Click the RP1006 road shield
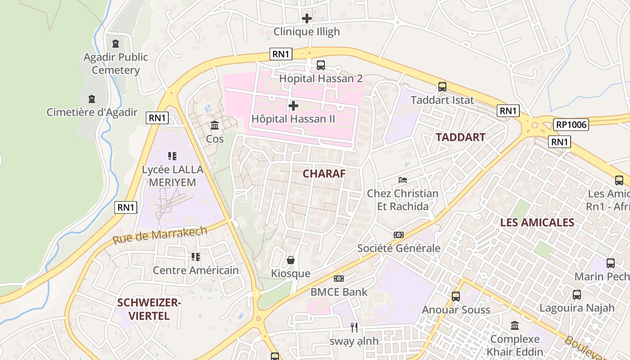tap(571, 125)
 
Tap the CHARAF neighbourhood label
tap(324, 174)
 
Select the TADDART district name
tap(460, 137)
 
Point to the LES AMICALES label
tap(531, 222)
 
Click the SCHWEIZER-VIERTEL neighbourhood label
tap(149, 309)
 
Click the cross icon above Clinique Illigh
tap(307, 18)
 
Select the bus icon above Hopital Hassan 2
tap(321, 65)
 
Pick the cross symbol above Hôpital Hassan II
tap(293, 106)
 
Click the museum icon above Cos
tap(215, 125)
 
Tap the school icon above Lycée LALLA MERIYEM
tap(172, 156)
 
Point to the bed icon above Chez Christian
tap(403, 180)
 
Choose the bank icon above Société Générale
tap(399, 235)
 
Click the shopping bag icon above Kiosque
tap(291, 260)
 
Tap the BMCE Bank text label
tap(339, 292)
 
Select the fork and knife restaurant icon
tap(354, 327)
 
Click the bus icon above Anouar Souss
tap(456, 297)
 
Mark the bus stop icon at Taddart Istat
tap(442, 87)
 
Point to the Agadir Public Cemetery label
tap(116, 63)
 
